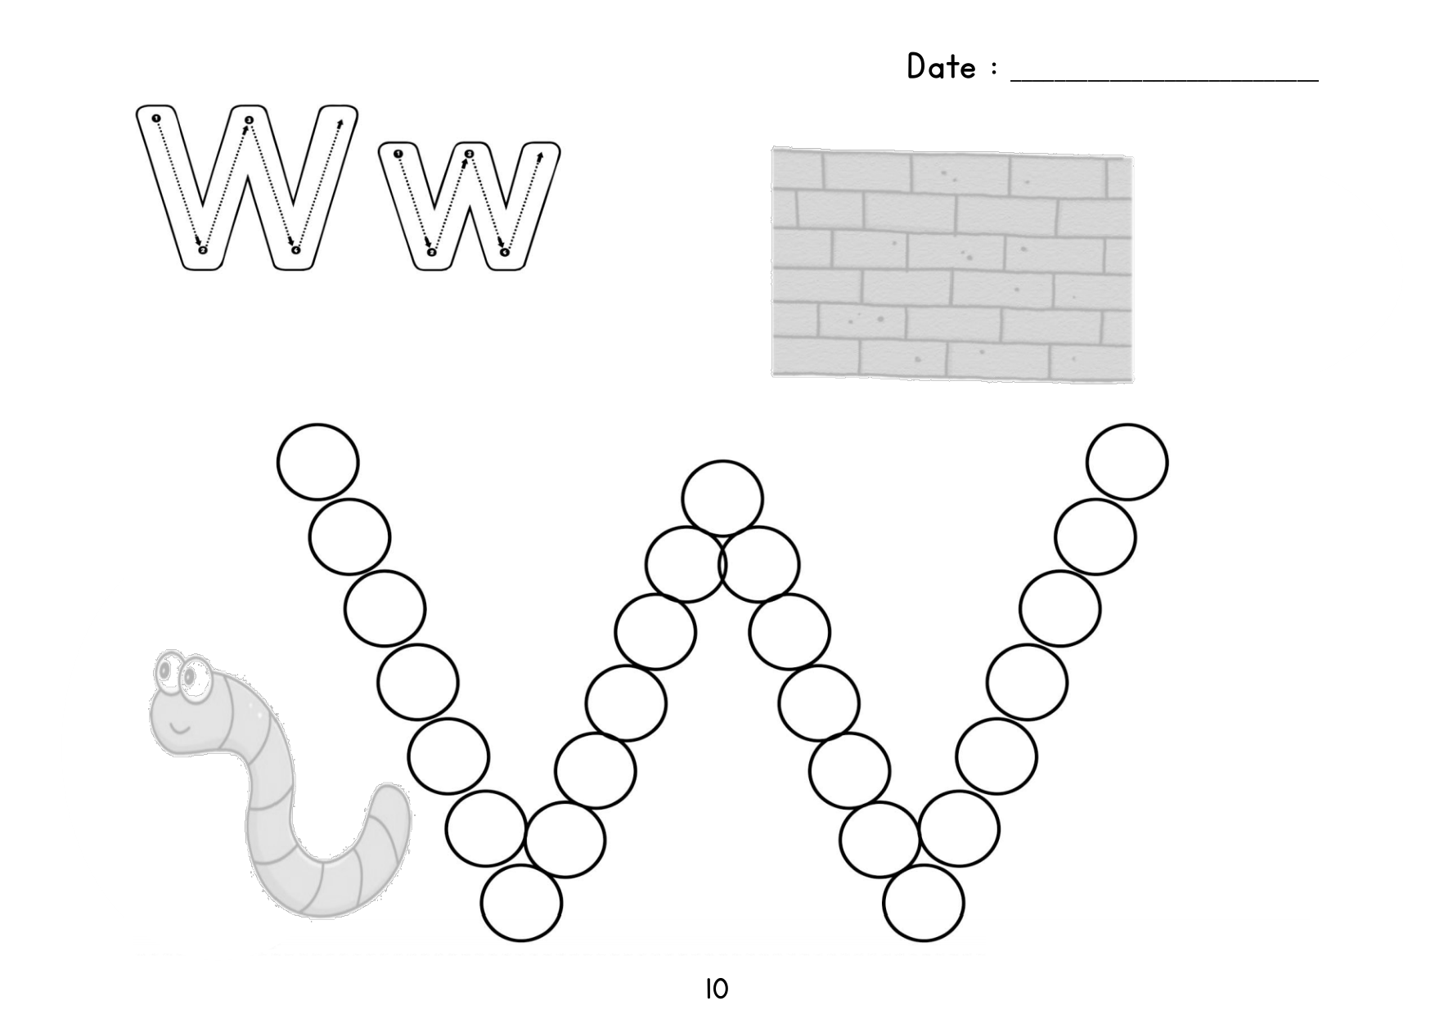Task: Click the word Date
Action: (x=941, y=66)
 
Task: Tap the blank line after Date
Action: (x=1165, y=80)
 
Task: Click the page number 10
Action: (x=716, y=989)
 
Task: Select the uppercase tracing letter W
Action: (x=246, y=187)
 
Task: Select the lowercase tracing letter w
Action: (x=469, y=206)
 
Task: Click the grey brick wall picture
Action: (x=952, y=264)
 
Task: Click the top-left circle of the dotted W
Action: (x=318, y=462)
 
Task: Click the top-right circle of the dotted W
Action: (x=1127, y=462)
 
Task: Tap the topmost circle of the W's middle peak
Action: (x=722, y=499)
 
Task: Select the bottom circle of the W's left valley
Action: (x=522, y=904)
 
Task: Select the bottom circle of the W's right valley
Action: (x=924, y=904)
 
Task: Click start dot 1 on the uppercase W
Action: (x=155, y=119)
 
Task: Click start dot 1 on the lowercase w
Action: (x=398, y=154)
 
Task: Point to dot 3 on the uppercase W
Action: (x=249, y=121)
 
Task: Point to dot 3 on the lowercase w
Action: (x=469, y=154)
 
